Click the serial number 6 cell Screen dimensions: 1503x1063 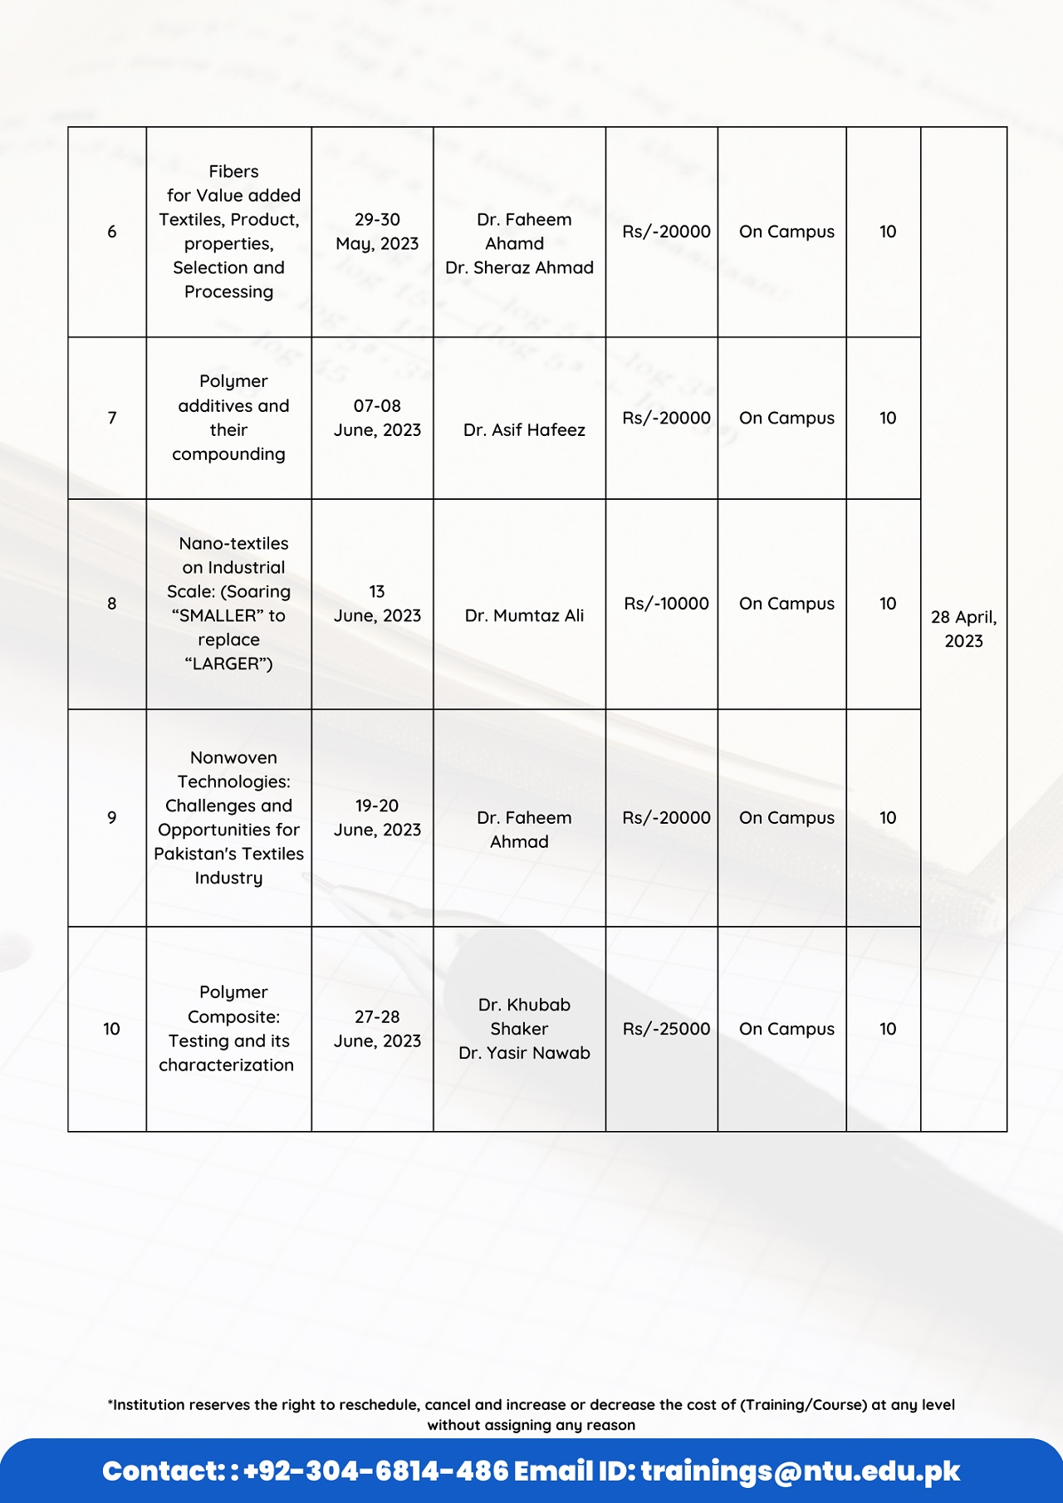[111, 232]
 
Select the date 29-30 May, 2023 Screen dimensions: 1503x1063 [377, 232]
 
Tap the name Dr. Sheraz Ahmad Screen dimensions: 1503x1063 [519, 267]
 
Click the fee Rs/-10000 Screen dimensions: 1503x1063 [666, 604]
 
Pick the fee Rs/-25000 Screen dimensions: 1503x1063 [666, 1029]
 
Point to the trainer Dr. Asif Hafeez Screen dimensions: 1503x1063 [524, 430]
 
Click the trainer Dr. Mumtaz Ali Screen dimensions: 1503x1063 [524, 615]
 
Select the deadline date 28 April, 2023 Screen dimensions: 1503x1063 [963, 629]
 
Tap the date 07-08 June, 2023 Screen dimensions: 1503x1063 [377, 418]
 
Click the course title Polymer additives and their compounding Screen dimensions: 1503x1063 [230, 418]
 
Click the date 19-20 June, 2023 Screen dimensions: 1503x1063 [377, 818]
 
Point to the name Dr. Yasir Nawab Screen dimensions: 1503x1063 [524, 1053]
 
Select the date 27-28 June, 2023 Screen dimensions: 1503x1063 [377, 1029]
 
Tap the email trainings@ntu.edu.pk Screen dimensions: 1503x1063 [800, 1471]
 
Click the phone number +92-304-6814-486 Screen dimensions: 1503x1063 [375, 1471]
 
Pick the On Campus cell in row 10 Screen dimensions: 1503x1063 [786, 1029]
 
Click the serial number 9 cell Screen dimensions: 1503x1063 [111, 818]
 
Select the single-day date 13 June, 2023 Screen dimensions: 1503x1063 [377, 604]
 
